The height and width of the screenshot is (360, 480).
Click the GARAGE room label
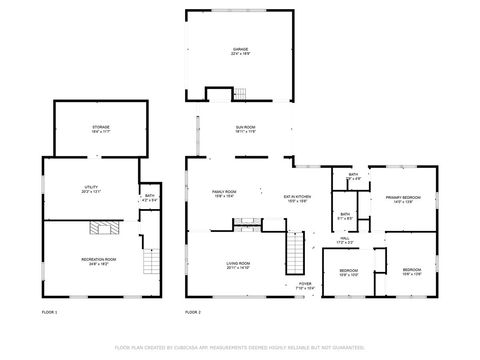[x=240, y=50]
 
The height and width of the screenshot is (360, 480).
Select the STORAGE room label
[x=102, y=129]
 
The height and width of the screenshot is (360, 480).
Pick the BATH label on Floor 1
[x=149, y=198]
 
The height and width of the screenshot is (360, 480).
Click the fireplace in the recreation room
[x=100, y=228]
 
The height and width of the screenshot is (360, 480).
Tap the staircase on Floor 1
[x=151, y=264]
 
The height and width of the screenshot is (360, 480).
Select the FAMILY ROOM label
[x=224, y=194]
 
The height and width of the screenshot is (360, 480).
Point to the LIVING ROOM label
[x=237, y=264]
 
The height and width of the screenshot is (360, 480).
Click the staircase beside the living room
[x=295, y=252]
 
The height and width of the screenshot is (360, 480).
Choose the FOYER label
[x=305, y=285]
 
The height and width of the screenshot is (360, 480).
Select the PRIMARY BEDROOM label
[x=403, y=199]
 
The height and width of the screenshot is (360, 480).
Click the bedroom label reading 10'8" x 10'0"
[x=348, y=273]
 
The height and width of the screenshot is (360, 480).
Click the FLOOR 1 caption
[x=49, y=313]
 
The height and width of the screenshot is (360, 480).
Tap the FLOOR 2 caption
[x=193, y=313]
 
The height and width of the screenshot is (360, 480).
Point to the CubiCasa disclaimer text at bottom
[x=240, y=348]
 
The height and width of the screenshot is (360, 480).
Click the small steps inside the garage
[x=218, y=94]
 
